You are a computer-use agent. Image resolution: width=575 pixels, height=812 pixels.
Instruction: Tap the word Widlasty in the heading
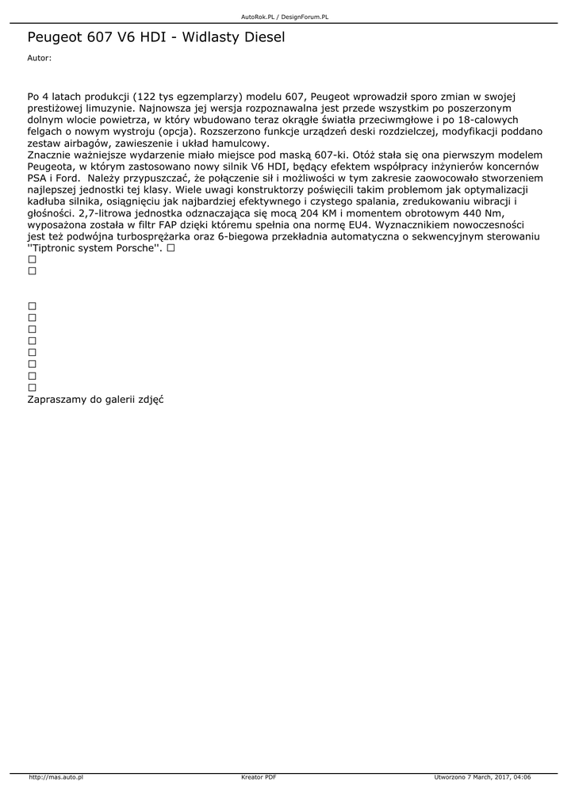(x=206, y=37)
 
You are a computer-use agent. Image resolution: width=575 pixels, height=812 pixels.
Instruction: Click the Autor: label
(x=39, y=58)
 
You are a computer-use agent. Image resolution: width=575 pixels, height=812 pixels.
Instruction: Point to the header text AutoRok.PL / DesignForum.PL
(x=285, y=16)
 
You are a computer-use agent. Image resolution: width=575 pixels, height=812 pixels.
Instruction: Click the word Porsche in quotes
(x=135, y=249)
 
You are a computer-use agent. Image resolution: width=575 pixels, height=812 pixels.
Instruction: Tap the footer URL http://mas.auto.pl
(x=56, y=777)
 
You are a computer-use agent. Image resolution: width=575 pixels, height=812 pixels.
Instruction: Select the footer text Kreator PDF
(x=259, y=777)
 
